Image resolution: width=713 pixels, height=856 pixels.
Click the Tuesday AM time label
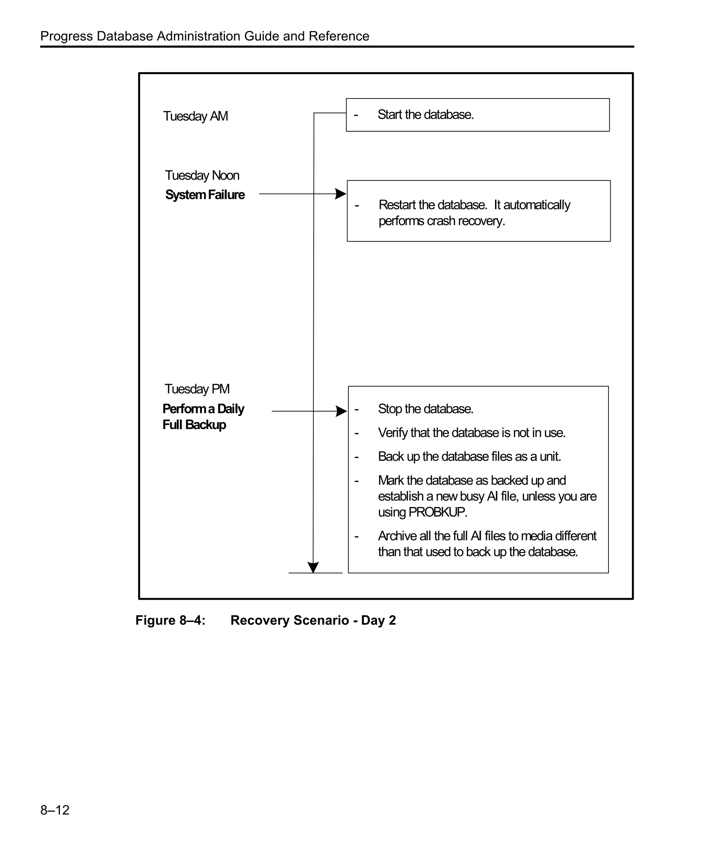pyautogui.click(x=195, y=116)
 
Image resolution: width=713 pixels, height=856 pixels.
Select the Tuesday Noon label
pyautogui.click(x=202, y=175)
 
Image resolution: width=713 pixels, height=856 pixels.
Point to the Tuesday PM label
pyautogui.click(x=197, y=389)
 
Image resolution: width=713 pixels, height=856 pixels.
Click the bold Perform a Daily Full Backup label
pyautogui.click(x=203, y=417)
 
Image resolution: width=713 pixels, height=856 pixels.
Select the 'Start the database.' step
pyautogui.click(x=425, y=115)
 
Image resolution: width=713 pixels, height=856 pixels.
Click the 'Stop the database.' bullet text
pyautogui.click(x=425, y=409)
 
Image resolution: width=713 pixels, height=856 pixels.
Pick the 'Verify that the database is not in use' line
pyautogui.click(x=471, y=433)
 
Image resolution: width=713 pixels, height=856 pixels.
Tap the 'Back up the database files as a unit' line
pyautogui.click(x=469, y=457)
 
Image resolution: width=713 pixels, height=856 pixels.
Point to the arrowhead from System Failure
pyautogui.click(x=340, y=194)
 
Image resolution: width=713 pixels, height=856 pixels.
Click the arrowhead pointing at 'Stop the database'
pyautogui.click(x=342, y=411)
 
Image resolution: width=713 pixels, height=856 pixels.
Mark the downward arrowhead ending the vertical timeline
pyautogui.click(x=313, y=567)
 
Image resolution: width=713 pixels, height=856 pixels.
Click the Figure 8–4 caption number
pyautogui.click(x=170, y=620)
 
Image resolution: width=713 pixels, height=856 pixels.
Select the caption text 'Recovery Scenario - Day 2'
pyautogui.click(x=313, y=620)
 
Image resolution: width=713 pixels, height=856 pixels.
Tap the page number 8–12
pyautogui.click(x=55, y=810)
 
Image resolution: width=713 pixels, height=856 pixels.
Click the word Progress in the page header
pyautogui.click(x=66, y=36)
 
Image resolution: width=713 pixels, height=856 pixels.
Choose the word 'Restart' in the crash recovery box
pyautogui.click(x=397, y=205)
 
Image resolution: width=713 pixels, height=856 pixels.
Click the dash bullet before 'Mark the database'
pyautogui.click(x=356, y=481)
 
